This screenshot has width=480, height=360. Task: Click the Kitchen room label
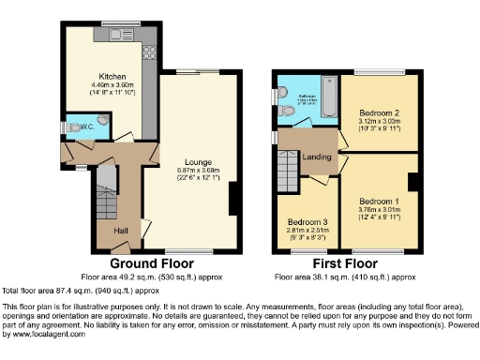[112, 77]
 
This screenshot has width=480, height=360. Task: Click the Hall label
[121, 230]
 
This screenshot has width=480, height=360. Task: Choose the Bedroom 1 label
[378, 202]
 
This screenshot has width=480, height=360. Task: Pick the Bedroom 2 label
[377, 112]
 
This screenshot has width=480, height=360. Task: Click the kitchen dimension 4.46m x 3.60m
[112, 86]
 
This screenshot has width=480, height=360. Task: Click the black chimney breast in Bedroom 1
[412, 182]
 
